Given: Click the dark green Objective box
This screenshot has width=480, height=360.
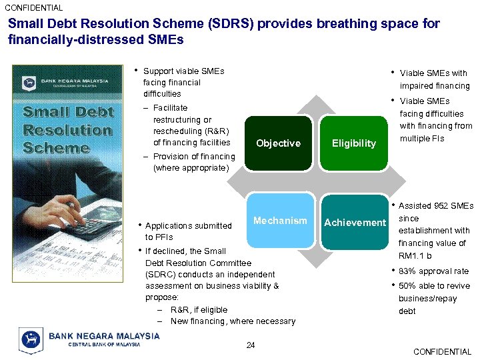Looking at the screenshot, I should tap(279, 143).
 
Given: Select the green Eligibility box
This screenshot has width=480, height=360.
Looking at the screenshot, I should tap(354, 143).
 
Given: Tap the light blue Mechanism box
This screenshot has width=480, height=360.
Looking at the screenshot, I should tap(280, 221).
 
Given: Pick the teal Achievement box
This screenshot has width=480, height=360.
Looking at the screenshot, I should tap(355, 223).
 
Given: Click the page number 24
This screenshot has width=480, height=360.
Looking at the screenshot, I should tap(251, 345).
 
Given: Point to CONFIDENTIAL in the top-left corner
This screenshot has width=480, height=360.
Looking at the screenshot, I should tap(34, 8).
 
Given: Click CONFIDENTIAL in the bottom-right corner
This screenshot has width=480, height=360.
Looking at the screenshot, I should tap(442, 351).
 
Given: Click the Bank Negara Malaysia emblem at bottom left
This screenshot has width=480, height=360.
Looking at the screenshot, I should tap(31, 339).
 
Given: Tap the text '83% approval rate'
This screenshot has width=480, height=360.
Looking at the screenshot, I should tap(433, 271).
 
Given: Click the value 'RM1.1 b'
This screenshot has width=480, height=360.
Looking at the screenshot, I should tap(415, 256).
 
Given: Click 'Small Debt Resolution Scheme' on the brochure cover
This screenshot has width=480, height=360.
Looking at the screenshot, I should tap(68, 130).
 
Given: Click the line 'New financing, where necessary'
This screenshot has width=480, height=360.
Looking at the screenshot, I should tap(233, 321).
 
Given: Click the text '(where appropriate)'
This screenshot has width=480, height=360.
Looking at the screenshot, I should tap(191, 168).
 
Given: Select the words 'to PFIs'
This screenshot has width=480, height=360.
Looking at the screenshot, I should tap(159, 237).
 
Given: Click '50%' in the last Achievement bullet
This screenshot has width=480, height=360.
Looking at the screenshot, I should tap(408, 285).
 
